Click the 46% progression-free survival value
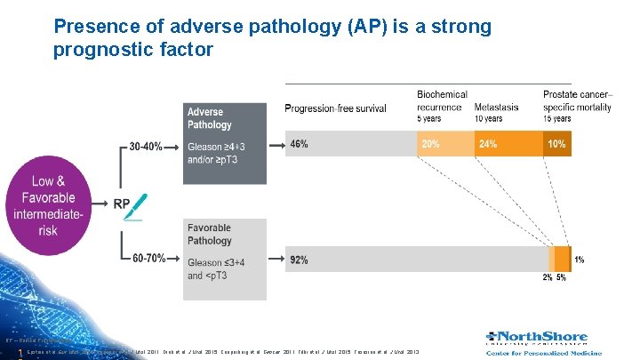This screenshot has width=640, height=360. [x=299, y=144]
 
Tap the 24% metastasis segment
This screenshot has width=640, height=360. [x=488, y=144]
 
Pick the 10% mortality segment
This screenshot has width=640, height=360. [x=556, y=144]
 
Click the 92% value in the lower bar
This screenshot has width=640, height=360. [x=299, y=260]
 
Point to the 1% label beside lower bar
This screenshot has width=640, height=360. [x=580, y=260]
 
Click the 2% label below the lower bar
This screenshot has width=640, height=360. [x=548, y=277]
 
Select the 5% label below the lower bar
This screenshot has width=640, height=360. [x=561, y=277]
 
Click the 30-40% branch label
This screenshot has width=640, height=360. [x=146, y=145]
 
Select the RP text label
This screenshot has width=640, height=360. [x=121, y=204]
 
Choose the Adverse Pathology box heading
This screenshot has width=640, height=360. [x=210, y=118]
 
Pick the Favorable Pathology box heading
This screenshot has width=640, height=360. [x=210, y=234]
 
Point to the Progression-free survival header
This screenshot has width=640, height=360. [x=335, y=108]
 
